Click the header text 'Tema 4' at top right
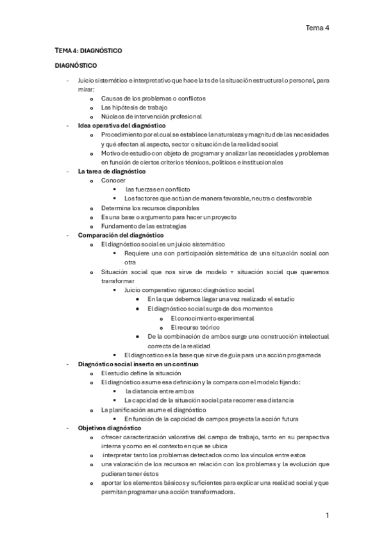pyautogui.click(x=317, y=28)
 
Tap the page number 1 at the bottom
pyautogui.click(x=327, y=515)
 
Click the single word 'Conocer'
pyautogui.click(x=113, y=181)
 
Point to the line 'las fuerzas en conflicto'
pyautogui.click(x=158, y=190)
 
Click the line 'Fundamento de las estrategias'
pyautogui.click(x=144, y=226)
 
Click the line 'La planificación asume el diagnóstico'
pyautogui.click(x=153, y=409)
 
